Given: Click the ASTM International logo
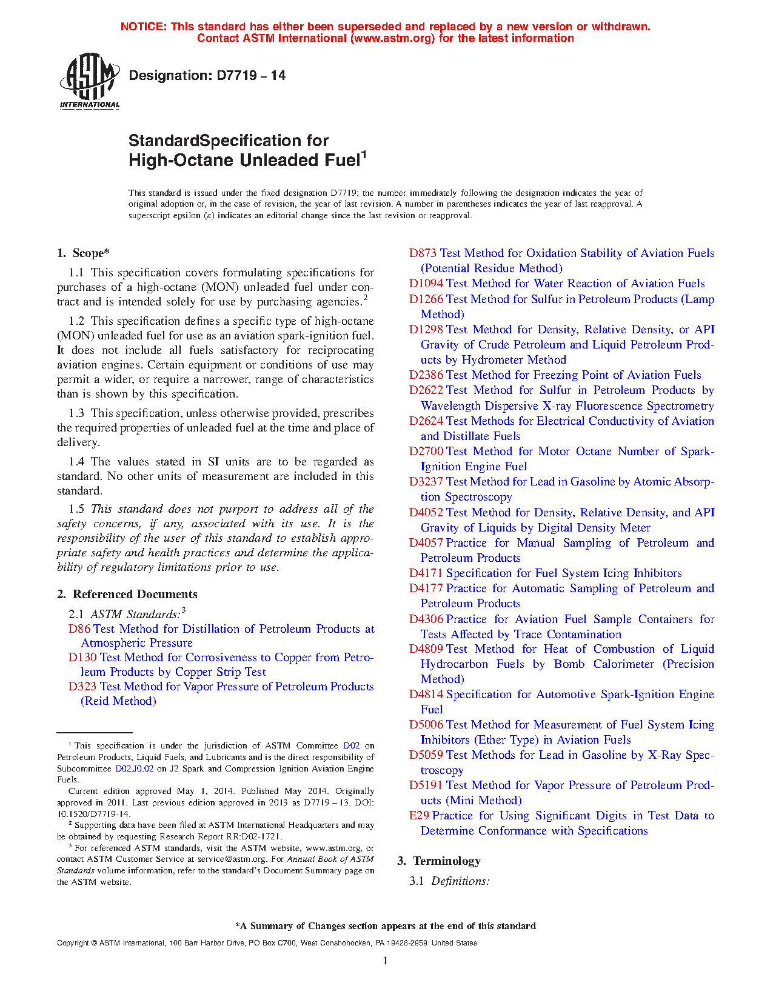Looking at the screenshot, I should [89, 81].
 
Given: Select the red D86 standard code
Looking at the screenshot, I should [79, 629].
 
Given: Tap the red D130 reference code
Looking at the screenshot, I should [82, 658].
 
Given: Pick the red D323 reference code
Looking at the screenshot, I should [82, 687].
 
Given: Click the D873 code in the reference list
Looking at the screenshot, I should [423, 253].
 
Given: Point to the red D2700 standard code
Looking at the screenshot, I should [426, 452].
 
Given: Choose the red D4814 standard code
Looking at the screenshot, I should [426, 695].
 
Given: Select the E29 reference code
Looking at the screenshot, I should [419, 816].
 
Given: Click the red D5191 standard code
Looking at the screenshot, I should [426, 785].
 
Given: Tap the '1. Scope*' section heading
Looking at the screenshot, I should [84, 253].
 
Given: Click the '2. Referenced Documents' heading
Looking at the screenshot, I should [127, 595].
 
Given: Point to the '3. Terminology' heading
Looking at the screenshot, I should [439, 861].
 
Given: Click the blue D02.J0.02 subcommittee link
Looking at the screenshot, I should [134, 768].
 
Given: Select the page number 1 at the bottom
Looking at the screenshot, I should [385, 961].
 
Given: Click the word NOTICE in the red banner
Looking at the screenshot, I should [143, 27].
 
